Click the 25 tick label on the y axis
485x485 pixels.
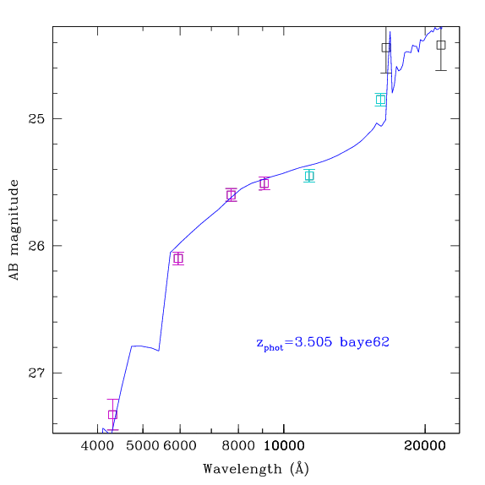(36, 118)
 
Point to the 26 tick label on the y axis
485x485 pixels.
(36, 246)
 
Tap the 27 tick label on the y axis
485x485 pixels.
(36, 373)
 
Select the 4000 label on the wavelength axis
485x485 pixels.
(97, 446)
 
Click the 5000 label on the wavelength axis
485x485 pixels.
(143, 446)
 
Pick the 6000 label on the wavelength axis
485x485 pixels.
(180, 446)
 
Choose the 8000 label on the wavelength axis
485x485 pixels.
(238, 446)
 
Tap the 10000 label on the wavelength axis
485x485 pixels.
(284, 446)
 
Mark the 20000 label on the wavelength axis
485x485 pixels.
(425, 446)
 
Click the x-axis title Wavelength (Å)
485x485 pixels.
(256, 469)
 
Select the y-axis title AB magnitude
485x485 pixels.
(14, 230)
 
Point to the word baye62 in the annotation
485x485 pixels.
(364, 342)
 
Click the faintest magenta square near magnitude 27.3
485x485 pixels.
(112, 415)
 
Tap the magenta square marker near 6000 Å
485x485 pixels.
(178, 259)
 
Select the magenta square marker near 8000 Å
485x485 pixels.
(231, 195)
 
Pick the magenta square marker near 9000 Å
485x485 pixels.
(264, 183)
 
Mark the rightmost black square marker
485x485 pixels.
(441, 45)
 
